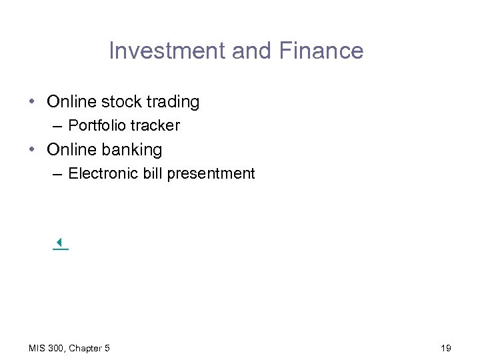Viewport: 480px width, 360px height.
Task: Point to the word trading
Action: point(170,103)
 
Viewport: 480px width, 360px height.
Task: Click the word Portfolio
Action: point(97,125)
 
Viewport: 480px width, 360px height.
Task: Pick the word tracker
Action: point(155,125)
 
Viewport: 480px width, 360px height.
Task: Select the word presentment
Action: point(211,175)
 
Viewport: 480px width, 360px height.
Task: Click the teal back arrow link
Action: point(60,244)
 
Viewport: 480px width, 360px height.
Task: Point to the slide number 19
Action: point(446,348)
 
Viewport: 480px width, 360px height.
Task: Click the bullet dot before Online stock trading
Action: point(32,102)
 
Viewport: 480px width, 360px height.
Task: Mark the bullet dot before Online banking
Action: point(32,150)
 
